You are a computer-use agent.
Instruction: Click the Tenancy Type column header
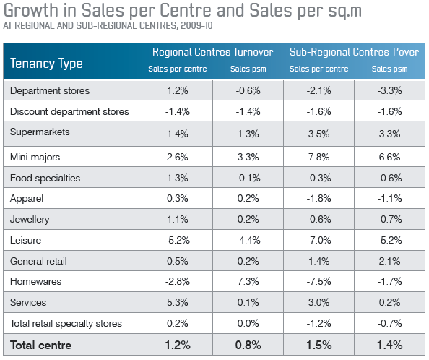(46, 64)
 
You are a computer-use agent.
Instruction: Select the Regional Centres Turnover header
(212, 52)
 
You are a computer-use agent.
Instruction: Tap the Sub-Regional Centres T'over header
(355, 52)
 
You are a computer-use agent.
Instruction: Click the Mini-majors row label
(35, 157)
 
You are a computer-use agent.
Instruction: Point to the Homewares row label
(35, 281)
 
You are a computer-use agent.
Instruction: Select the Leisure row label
(25, 240)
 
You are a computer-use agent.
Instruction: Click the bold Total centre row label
(40, 346)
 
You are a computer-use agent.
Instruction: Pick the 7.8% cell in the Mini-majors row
(318, 157)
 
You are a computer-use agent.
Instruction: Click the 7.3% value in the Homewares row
(248, 281)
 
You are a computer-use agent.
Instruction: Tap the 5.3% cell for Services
(177, 302)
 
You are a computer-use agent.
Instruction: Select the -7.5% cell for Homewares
(318, 281)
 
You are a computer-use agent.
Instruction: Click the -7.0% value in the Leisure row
(318, 240)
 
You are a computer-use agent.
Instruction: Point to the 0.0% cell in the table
(248, 323)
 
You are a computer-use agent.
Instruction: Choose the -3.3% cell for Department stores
(389, 90)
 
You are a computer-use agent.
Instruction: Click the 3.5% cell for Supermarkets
(318, 134)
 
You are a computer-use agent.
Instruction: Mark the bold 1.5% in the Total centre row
(318, 346)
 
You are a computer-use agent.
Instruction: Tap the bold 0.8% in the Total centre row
(248, 346)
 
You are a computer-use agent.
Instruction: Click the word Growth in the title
(31, 10)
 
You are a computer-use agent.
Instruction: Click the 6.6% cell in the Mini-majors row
(389, 157)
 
